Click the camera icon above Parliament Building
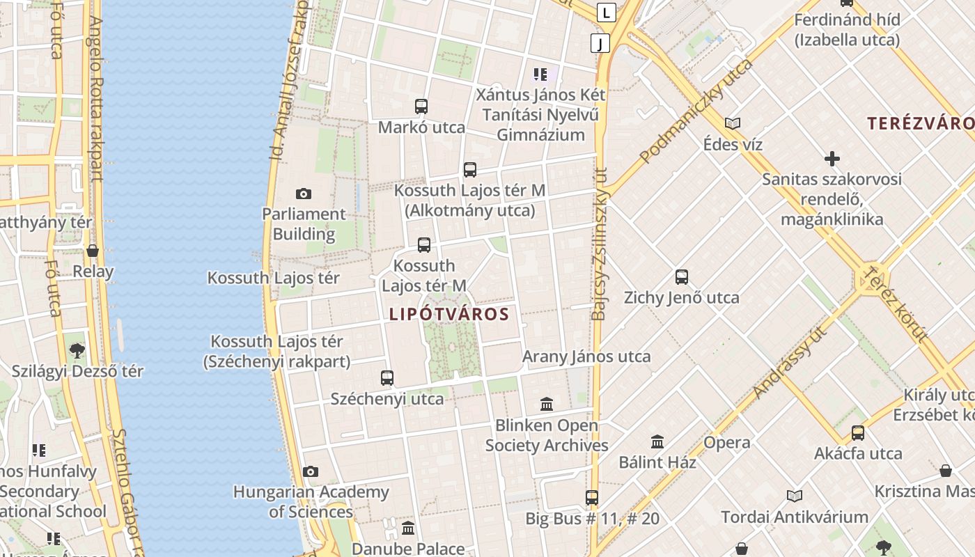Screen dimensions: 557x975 coord(303,194)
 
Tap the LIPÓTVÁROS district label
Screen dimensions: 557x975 coord(449,314)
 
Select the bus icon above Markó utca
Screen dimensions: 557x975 coord(421,107)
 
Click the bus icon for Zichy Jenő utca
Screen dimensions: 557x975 coord(682,277)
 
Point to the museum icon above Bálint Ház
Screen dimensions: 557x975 coord(657,441)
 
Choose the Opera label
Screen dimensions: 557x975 coord(727,443)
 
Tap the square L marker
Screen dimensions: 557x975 coord(607,12)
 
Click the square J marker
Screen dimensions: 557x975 coord(600,43)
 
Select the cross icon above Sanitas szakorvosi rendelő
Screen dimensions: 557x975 coord(832,159)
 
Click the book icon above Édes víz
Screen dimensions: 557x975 coord(732,124)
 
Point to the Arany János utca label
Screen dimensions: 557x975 coord(586,357)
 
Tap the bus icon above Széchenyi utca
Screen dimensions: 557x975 coord(387,378)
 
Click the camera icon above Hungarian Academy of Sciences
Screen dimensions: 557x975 coord(311,471)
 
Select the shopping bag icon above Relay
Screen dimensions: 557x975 coord(93,251)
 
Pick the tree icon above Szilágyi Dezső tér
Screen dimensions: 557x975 coord(77,350)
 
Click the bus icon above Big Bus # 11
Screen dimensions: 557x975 coord(592,498)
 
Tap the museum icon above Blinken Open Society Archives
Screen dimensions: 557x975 coord(547,404)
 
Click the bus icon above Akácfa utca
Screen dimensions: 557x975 coord(858,433)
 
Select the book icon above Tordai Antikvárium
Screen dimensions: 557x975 coord(795,496)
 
